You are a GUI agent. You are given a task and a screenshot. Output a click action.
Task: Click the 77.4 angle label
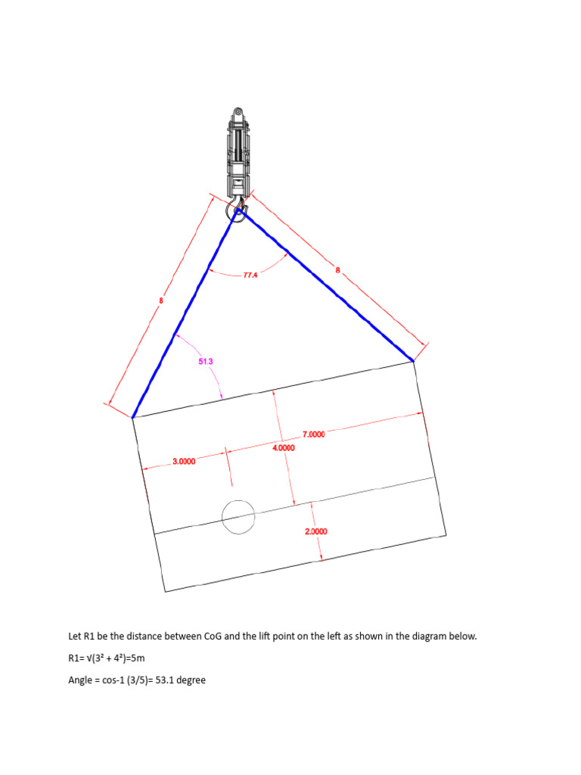250,275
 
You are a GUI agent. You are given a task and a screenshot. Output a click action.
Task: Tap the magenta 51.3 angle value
206,361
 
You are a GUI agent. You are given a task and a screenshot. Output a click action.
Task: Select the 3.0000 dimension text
184,462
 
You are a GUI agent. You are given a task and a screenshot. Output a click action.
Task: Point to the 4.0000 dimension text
284,448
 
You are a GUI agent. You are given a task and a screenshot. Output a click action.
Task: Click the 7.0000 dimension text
314,434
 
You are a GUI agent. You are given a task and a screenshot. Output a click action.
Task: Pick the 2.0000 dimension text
316,531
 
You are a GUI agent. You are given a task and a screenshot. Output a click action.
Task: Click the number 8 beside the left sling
161,300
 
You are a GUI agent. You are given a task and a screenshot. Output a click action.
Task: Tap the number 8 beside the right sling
338,270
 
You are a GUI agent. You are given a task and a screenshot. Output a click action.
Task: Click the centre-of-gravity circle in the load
238,516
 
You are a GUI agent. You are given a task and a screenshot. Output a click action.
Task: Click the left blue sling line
185,313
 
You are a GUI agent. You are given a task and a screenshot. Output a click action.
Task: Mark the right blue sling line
326,285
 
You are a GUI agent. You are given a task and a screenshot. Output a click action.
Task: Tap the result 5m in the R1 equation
139,658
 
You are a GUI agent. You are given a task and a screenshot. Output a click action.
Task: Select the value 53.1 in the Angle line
164,680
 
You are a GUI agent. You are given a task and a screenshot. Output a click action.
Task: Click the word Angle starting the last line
79,680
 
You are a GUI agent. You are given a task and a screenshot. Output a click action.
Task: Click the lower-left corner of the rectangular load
164,592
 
